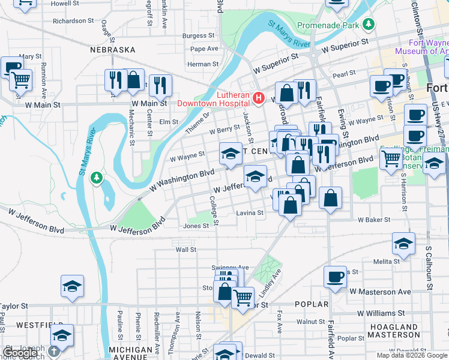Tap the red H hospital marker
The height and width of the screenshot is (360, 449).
pos(259,97)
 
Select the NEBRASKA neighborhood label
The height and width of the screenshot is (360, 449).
pos(113,50)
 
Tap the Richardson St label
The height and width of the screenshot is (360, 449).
pos(73,20)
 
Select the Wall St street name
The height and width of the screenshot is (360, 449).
pos(185,249)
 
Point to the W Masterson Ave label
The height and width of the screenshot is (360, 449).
pos(380,292)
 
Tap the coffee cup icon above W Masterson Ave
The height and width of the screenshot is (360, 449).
pos(335,277)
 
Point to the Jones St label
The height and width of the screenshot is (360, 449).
pos(196,226)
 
